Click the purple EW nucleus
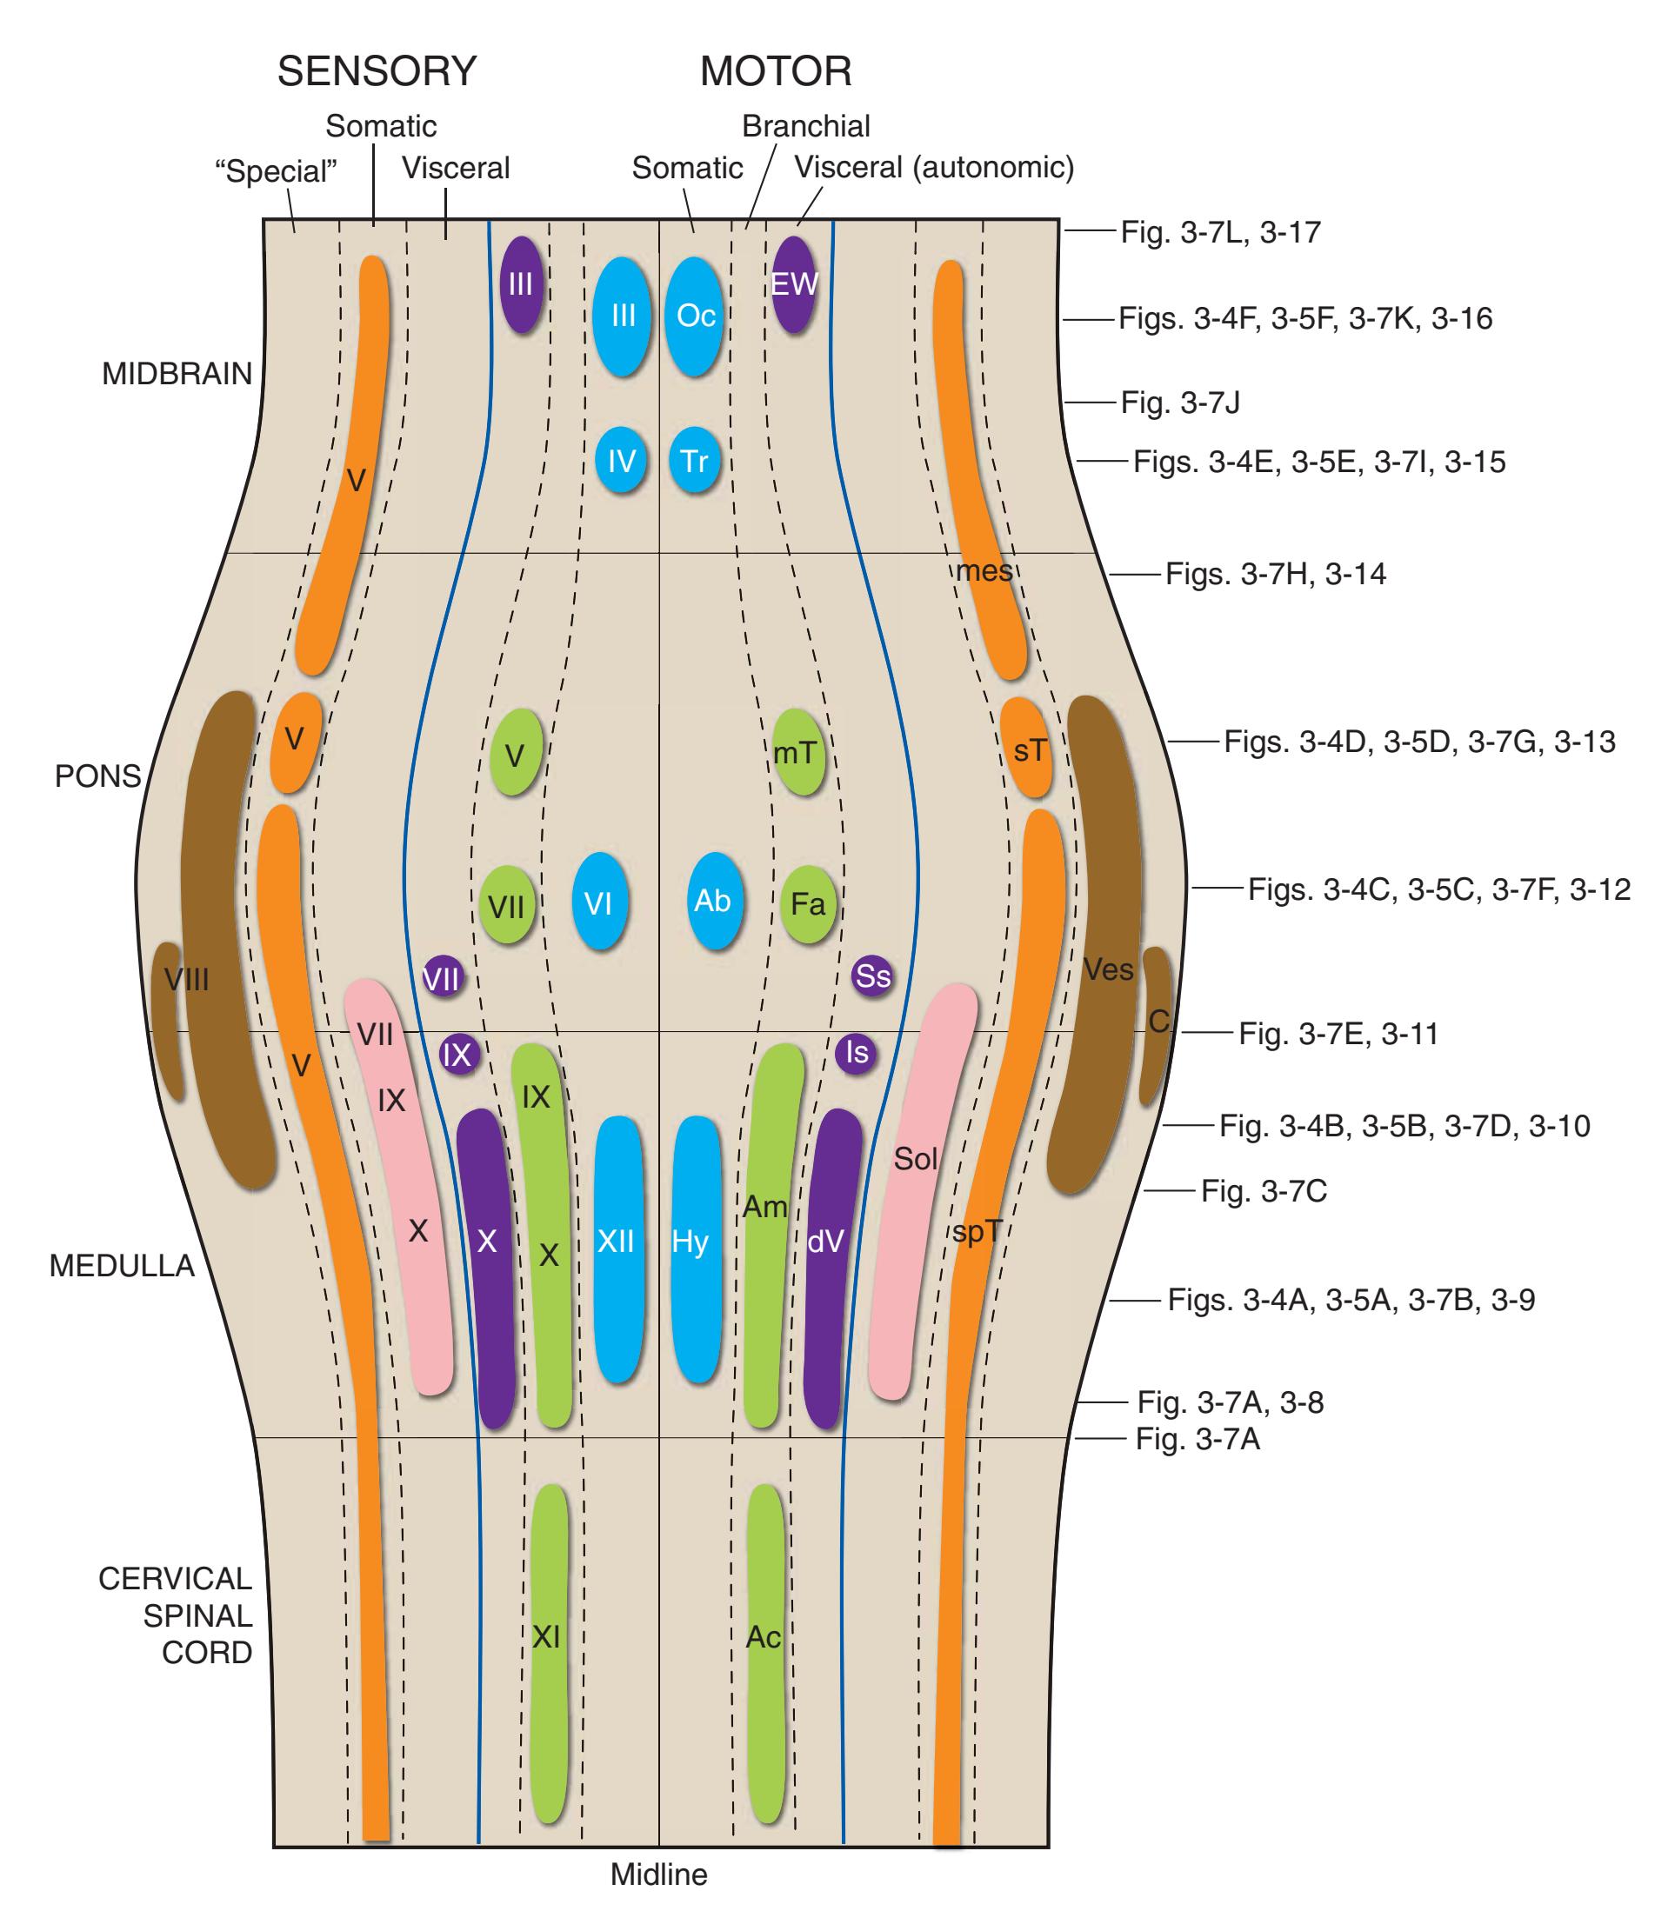click(794, 283)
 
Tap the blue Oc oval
click(695, 316)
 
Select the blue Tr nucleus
click(695, 461)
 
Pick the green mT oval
click(797, 751)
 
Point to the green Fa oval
click(807, 903)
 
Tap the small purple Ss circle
click(872, 975)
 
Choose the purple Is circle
click(856, 1052)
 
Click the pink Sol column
click(918, 1193)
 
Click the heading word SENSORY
click(377, 72)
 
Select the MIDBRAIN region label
click(177, 374)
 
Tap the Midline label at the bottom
click(658, 1874)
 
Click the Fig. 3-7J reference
click(1180, 403)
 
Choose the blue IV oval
click(621, 461)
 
